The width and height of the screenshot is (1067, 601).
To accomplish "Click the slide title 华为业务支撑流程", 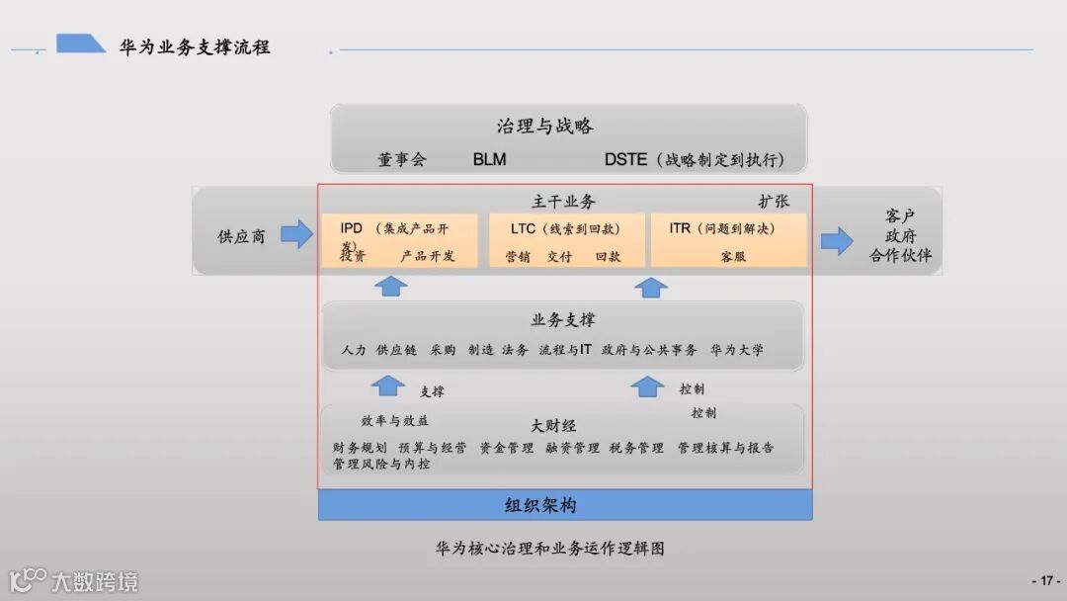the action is pyautogui.click(x=195, y=46).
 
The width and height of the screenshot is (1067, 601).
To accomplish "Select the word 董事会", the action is pyautogui.click(x=401, y=159).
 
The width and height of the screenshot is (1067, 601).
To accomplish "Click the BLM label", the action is pyautogui.click(x=489, y=159).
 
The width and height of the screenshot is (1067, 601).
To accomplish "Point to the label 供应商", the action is pyautogui.click(x=241, y=237).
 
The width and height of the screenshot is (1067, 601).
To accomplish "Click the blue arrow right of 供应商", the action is pyautogui.click(x=296, y=235).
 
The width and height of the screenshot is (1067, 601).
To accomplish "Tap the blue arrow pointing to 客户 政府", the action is pyautogui.click(x=837, y=240).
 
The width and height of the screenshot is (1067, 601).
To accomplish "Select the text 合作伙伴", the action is pyautogui.click(x=900, y=257).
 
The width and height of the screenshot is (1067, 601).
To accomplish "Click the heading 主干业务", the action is pyautogui.click(x=564, y=202).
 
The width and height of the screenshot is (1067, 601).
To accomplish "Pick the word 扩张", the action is pyautogui.click(x=774, y=201).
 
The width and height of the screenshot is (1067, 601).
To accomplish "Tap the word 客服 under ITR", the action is pyautogui.click(x=733, y=256).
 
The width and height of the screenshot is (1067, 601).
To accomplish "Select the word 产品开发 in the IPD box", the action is pyautogui.click(x=428, y=256).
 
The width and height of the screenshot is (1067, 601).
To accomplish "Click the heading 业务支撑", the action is pyautogui.click(x=563, y=320).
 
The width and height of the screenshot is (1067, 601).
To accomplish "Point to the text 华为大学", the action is pyautogui.click(x=737, y=350).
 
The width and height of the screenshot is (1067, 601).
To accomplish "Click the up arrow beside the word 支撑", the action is pyautogui.click(x=388, y=386).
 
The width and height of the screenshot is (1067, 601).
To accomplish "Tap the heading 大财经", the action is pyautogui.click(x=553, y=426).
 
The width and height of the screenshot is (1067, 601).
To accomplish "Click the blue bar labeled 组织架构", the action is pyautogui.click(x=565, y=505).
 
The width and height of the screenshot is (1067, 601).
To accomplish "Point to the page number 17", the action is pyautogui.click(x=1045, y=581).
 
